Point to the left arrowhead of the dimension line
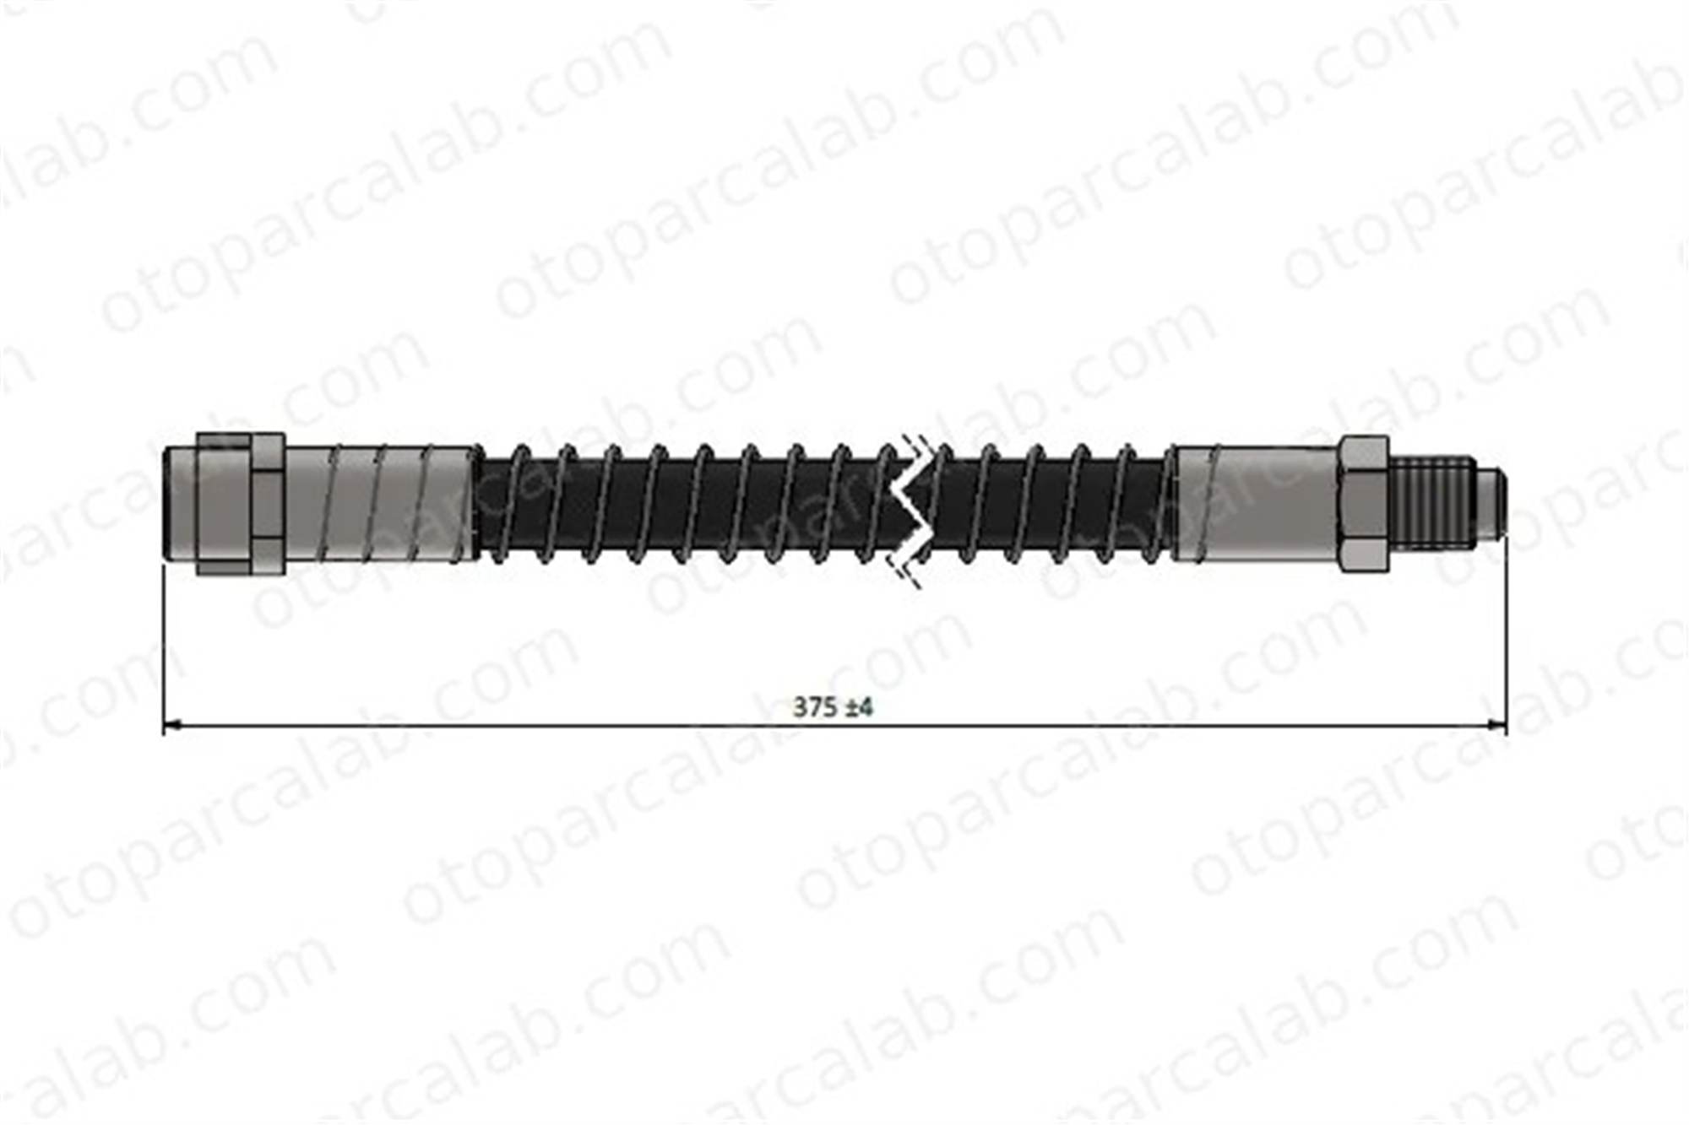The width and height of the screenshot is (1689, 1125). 172,724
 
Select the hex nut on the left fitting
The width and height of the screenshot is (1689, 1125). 240,505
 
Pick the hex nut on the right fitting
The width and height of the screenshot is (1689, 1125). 1364,504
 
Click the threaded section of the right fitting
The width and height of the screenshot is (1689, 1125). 1431,503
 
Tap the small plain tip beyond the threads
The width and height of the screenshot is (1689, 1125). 1491,503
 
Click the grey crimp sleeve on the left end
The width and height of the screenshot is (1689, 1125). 378,504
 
